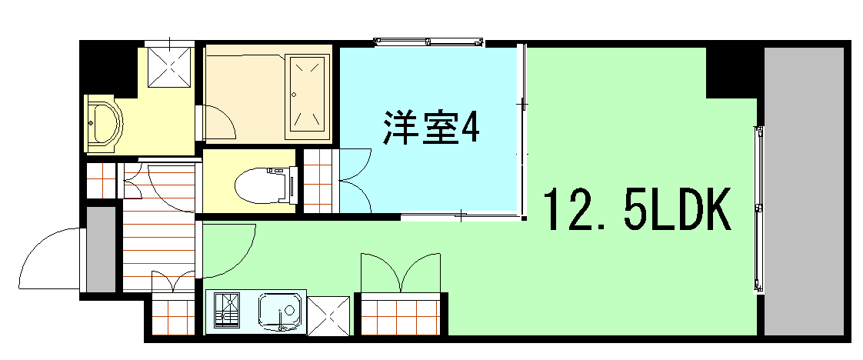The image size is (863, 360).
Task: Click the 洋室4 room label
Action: pyautogui.click(x=431, y=128)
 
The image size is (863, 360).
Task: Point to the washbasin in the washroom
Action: pyautogui.click(x=101, y=123)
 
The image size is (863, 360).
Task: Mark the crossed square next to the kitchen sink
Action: pyautogui.click(x=330, y=315)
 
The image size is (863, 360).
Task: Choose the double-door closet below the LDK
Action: pyautogui.click(x=401, y=314)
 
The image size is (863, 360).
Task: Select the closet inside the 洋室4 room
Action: pyautogui.click(x=319, y=182)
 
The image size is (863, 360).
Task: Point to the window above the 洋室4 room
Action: pyautogui.click(x=428, y=41)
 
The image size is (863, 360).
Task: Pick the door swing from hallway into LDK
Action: pyautogui.click(x=229, y=250)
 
